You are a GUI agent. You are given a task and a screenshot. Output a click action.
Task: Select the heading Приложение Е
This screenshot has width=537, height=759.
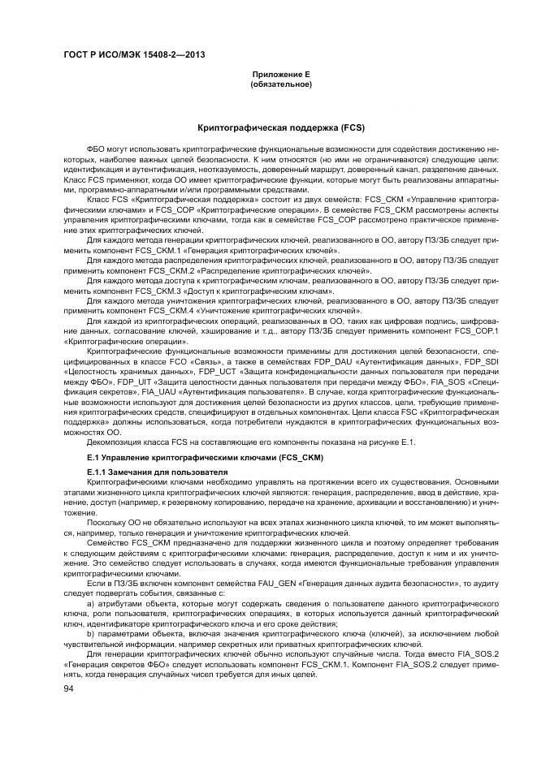click(x=280, y=75)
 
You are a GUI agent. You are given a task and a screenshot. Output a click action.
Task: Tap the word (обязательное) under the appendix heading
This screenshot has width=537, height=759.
click(x=280, y=84)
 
